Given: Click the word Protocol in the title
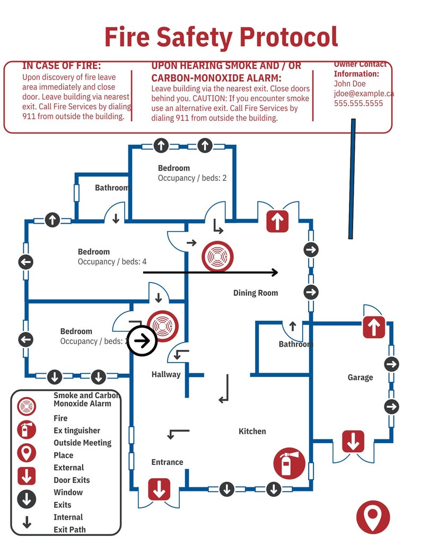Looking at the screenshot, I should (x=288, y=37).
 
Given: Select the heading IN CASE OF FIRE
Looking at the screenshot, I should (x=62, y=66).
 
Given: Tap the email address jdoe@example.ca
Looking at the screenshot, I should (x=364, y=93).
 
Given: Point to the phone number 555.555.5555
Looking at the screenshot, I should (x=358, y=103).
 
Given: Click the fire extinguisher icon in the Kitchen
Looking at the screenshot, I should (x=289, y=463).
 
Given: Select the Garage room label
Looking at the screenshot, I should (x=360, y=377).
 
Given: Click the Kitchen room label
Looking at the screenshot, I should (x=252, y=431).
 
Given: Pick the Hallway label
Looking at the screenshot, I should (x=166, y=374).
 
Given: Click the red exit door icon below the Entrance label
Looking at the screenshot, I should (x=159, y=489).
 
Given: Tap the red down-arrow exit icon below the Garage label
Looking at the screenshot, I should (x=353, y=441).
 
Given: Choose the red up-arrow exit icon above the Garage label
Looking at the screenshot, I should (x=374, y=327).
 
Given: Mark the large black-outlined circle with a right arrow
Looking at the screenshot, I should (x=142, y=341).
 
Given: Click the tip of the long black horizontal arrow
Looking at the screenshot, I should (x=276, y=272).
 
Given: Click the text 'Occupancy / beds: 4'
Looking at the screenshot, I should (x=112, y=261).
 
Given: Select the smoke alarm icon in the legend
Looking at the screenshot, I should (x=27, y=407).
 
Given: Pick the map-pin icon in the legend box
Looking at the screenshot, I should (x=27, y=452).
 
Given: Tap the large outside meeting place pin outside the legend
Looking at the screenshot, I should (x=373, y=517).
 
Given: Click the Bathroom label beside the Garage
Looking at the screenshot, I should (x=295, y=344).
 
